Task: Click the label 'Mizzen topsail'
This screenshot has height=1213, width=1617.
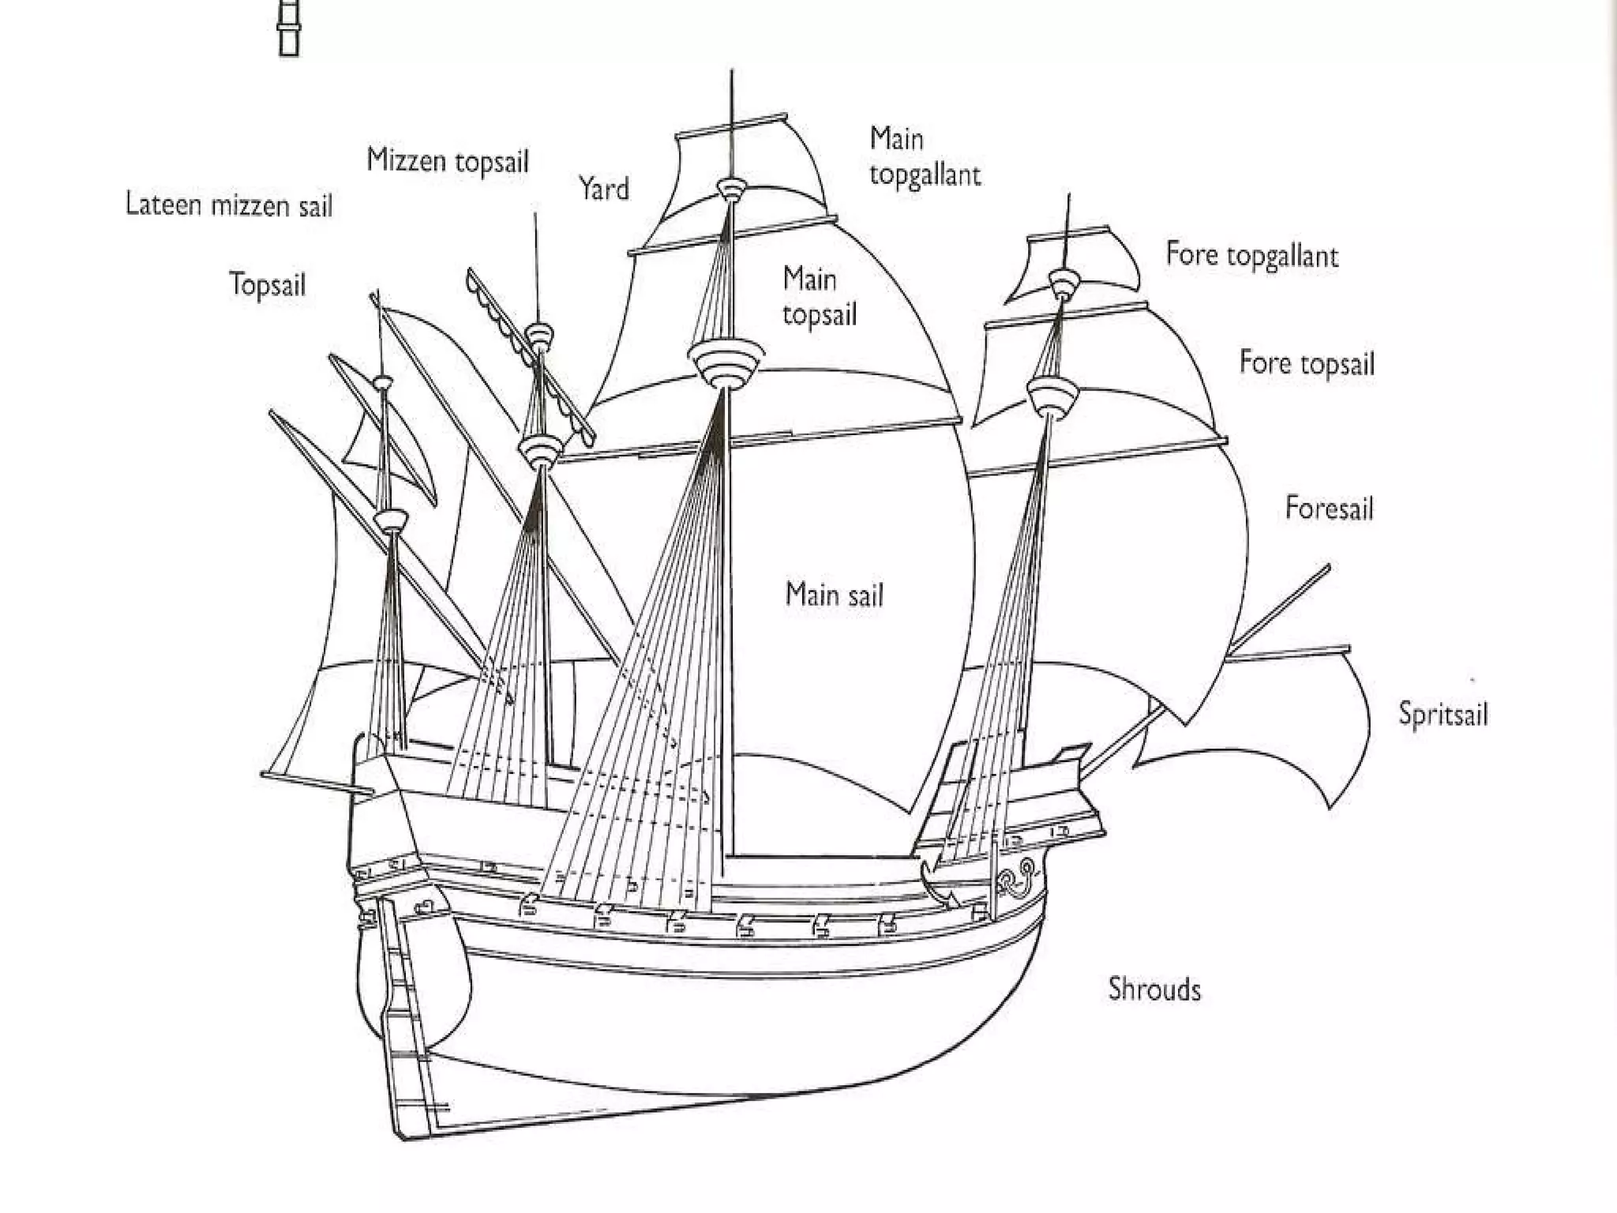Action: [x=448, y=161]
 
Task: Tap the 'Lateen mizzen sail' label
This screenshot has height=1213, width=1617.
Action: [x=229, y=205]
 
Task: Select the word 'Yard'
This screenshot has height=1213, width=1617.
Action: [x=604, y=190]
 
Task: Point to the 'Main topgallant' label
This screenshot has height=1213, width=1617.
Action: [x=924, y=156]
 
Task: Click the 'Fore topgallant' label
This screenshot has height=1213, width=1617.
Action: [x=1252, y=255]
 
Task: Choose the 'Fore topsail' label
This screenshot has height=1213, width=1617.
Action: [x=1307, y=363]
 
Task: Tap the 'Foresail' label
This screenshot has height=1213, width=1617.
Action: [x=1330, y=508]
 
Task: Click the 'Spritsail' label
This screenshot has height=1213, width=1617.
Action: [x=1443, y=714]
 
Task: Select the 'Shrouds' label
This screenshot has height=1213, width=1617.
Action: [x=1154, y=989]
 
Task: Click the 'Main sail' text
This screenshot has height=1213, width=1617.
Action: [x=834, y=595]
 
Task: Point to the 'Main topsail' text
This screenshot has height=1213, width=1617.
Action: [x=819, y=296]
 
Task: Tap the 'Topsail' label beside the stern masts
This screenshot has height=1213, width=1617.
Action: [x=267, y=284]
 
